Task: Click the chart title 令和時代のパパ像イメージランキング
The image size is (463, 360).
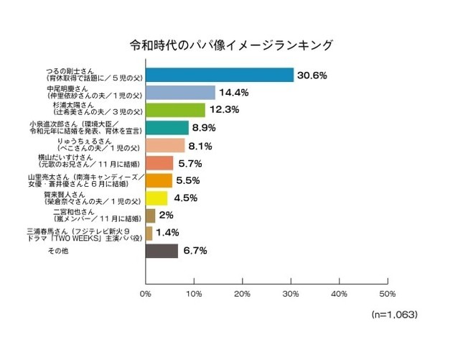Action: click(230, 45)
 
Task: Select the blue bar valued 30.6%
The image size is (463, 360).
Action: click(220, 75)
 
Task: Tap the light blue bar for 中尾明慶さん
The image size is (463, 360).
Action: click(180, 92)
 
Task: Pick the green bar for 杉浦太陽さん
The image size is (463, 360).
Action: click(175, 110)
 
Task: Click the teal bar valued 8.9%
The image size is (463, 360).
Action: click(167, 127)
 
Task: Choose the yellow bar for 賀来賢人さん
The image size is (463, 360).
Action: click(156, 198)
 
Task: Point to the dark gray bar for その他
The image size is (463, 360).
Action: click(162, 251)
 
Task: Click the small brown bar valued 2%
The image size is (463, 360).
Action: click(150, 216)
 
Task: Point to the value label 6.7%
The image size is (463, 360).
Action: click(194, 251)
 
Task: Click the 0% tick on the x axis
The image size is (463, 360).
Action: click(146, 293)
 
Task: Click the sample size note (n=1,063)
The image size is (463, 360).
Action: click(394, 315)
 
